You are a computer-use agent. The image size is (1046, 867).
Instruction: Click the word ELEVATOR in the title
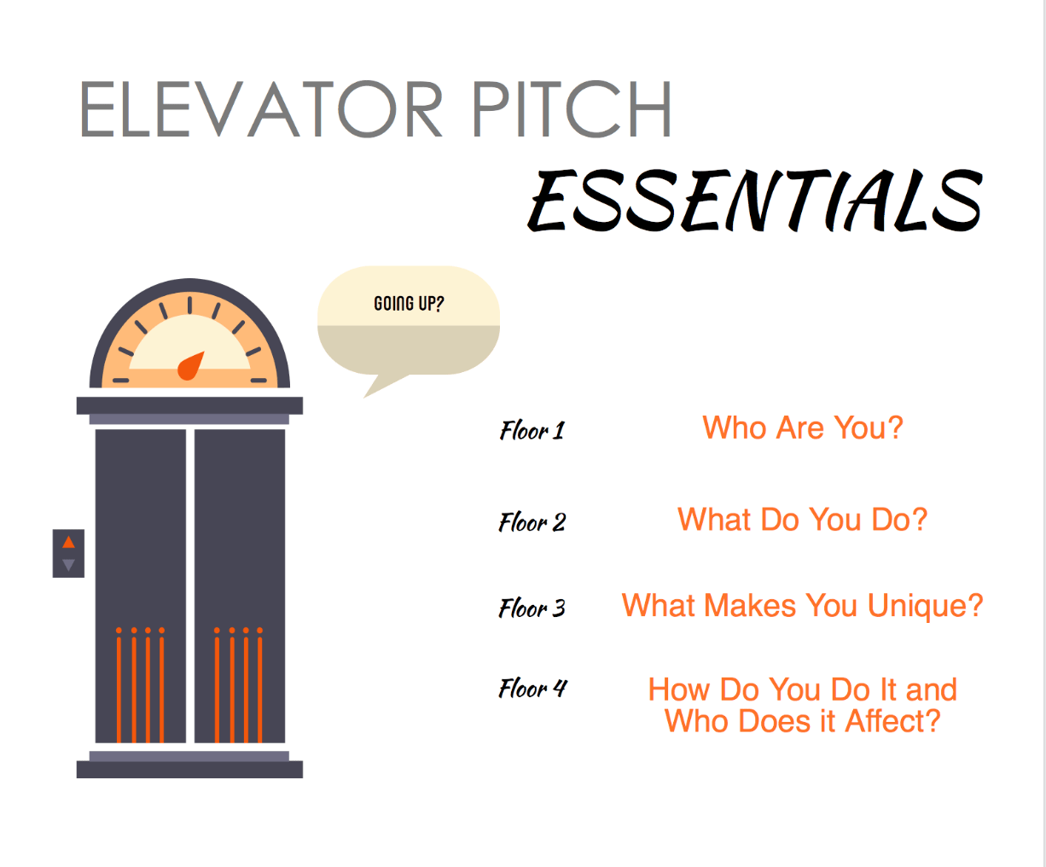click(x=261, y=110)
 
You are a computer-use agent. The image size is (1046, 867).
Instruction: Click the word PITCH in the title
click(x=572, y=110)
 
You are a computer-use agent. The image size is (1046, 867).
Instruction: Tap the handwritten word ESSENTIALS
click(x=755, y=201)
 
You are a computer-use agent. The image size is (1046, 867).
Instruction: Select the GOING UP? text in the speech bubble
click(x=409, y=304)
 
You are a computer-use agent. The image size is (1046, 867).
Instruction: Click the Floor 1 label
click(x=532, y=430)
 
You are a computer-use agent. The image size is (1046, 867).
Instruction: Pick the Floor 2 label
click(x=532, y=521)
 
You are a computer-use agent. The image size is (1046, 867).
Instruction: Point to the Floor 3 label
click(x=532, y=608)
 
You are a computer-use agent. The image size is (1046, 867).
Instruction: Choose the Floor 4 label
click(x=532, y=688)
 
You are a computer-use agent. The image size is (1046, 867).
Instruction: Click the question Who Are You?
click(x=802, y=428)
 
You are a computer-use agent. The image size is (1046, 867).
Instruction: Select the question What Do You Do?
click(x=802, y=520)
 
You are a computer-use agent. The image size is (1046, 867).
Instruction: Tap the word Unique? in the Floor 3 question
click(x=925, y=606)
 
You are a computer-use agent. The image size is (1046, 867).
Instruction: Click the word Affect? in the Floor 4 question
click(x=892, y=722)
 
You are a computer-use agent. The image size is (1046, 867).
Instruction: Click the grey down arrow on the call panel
click(x=68, y=564)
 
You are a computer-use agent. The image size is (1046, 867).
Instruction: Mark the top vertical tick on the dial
click(x=189, y=305)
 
